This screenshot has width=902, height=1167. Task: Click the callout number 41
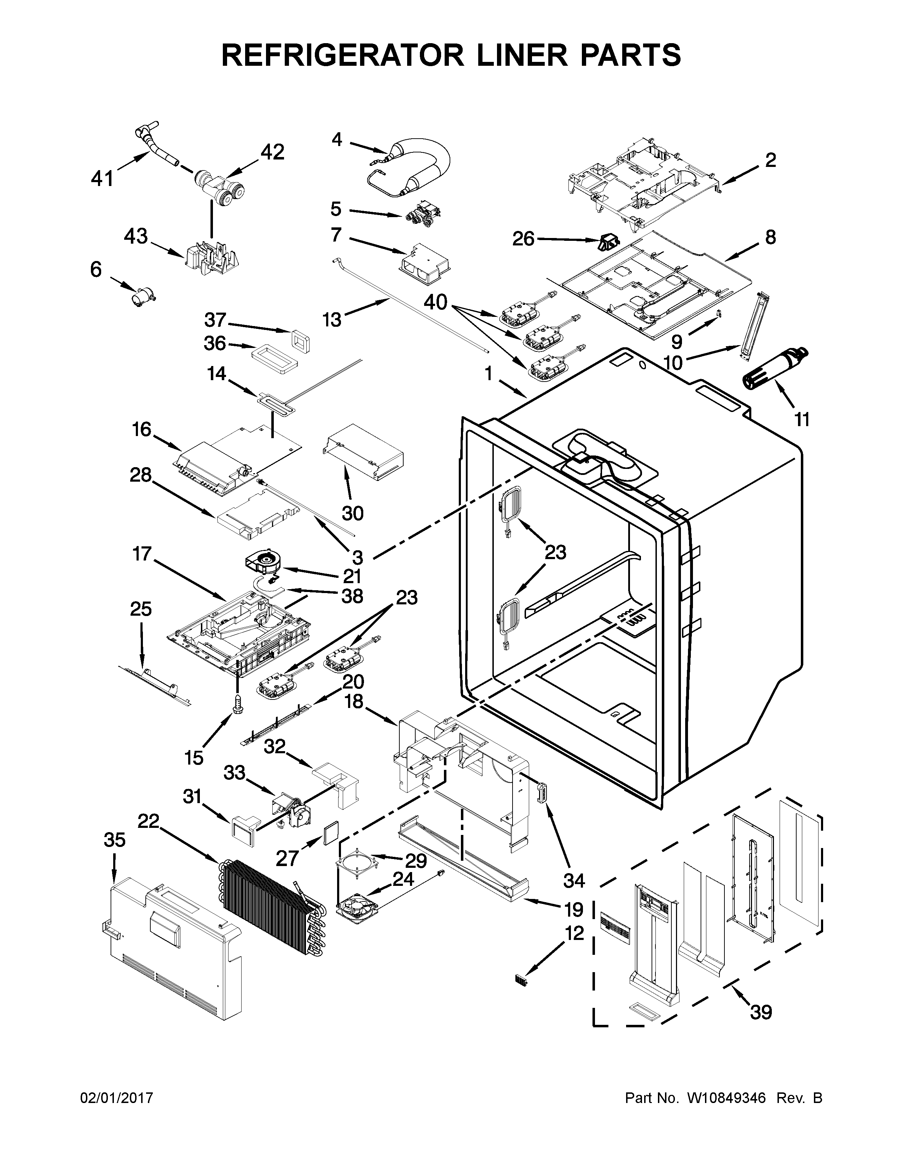pos(102,178)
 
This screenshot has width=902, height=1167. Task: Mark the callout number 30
pos(352,513)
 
